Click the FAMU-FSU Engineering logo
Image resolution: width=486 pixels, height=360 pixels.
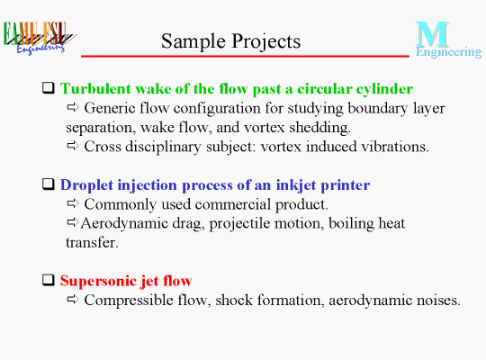(x=40, y=38)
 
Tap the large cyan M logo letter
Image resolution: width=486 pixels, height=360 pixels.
(x=432, y=34)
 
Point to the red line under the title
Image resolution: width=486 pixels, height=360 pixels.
(x=245, y=56)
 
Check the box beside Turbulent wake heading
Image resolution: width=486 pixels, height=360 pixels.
(x=49, y=88)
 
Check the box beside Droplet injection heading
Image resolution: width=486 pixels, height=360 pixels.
(x=49, y=184)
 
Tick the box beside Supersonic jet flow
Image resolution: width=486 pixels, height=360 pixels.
(x=49, y=280)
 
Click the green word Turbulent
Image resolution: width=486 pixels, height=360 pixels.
(x=95, y=89)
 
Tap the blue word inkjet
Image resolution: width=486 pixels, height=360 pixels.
(x=297, y=185)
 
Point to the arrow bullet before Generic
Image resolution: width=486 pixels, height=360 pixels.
(x=73, y=107)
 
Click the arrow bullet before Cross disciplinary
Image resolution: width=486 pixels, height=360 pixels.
(x=73, y=146)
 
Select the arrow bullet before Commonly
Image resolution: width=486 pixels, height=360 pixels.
(x=73, y=203)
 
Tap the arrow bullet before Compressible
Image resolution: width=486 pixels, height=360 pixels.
(x=73, y=300)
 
